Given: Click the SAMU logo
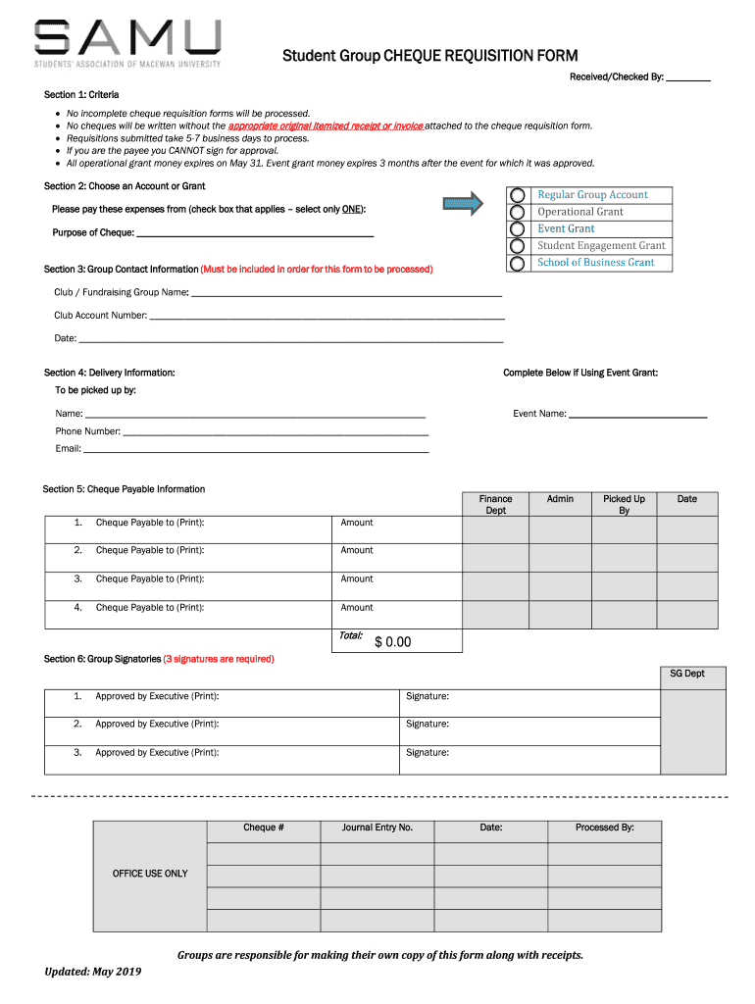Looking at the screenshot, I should pos(127,43).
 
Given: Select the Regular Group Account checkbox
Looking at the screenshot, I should pos(518,195).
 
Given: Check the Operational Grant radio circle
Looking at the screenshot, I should pos(518,212).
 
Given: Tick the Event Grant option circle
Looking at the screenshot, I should pos(518,228).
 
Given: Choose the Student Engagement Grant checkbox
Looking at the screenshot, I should pos(518,245).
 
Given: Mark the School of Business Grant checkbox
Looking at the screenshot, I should pos(518,263).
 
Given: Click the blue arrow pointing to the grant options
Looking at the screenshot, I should pos(463,204).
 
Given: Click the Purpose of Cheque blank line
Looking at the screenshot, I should pos(255,234).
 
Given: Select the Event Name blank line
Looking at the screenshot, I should pos(637,416).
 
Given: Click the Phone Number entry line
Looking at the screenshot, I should pos(276,432).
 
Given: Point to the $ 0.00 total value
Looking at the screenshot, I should pos(392,642).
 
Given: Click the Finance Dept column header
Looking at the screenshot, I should pos(495,505).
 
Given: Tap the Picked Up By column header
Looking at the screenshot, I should pos(624,505).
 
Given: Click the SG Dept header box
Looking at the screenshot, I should pos(686,674).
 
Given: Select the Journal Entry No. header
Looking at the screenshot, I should pos(377,828).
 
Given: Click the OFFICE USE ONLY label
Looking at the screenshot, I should pos(150,874).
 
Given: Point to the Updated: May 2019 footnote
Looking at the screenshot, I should pos(93,972).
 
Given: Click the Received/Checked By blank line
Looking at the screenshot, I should pos(688,78).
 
